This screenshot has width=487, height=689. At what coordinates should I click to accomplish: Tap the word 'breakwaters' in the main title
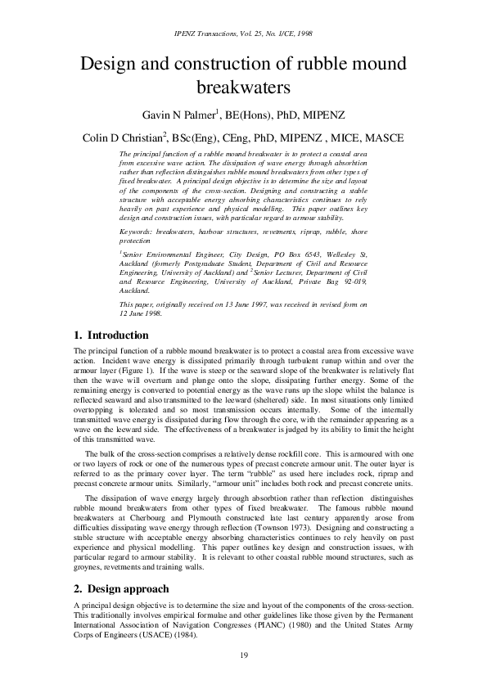243,87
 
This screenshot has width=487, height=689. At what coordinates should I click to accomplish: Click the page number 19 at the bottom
243,655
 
